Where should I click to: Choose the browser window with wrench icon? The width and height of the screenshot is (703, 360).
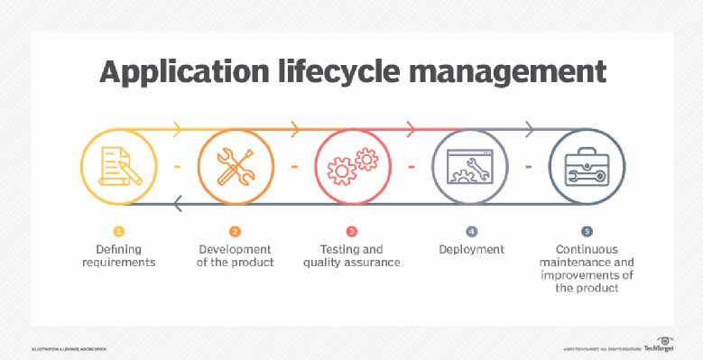(468, 167)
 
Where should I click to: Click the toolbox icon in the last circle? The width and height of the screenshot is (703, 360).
(585, 167)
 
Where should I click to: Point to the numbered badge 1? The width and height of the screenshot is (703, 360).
(117, 232)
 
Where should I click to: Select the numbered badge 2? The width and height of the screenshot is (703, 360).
(235, 232)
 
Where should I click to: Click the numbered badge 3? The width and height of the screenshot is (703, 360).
(352, 232)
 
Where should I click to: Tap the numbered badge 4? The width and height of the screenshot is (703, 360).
(470, 232)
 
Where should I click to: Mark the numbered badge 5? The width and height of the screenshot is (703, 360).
(587, 232)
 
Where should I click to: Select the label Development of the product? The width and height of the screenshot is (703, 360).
(235, 255)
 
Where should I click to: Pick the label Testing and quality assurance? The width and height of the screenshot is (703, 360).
(352, 255)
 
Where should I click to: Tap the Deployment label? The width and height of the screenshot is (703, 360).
(470, 248)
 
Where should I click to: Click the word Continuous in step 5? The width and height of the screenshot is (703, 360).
(587, 248)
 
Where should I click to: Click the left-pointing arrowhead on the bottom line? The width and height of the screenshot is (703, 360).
(178, 206)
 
